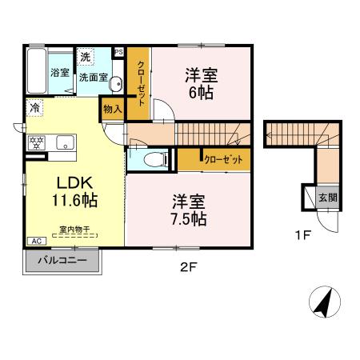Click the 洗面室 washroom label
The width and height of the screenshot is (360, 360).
click(93, 78)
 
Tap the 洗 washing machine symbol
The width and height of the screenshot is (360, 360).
click(86, 57)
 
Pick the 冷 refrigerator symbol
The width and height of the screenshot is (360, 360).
click(35, 106)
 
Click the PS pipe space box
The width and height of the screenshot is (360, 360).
click(118, 53)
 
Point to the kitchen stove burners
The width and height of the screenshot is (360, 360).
click(36, 143)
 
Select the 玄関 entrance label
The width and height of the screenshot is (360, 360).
click(328, 197)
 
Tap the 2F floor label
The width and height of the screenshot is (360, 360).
click(187, 267)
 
